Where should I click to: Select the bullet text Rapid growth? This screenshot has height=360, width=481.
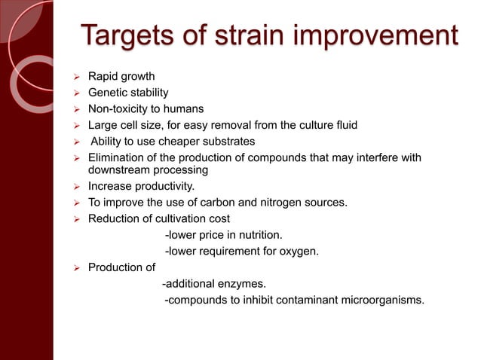tap(121, 76)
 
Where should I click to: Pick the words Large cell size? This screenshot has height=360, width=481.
tap(124, 125)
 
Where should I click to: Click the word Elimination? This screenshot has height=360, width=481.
tap(116, 157)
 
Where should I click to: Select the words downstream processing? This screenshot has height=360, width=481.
tap(148, 170)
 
